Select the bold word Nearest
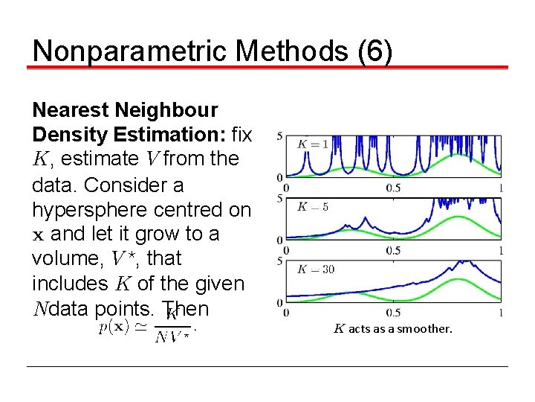click(x=72, y=110)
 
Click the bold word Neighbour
click(x=167, y=110)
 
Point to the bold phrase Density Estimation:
click(x=129, y=135)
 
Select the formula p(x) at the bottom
click(x=115, y=327)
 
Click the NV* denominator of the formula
click(x=172, y=337)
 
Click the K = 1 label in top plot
click(x=313, y=144)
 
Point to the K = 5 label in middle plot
click(x=313, y=206)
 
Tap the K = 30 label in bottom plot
click(x=315, y=269)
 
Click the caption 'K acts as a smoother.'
click(x=392, y=328)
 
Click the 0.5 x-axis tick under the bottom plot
click(x=393, y=313)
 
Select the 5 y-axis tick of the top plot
click(x=279, y=136)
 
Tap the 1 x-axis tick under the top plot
click(x=502, y=187)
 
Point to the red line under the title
click(x=267, y=68)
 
